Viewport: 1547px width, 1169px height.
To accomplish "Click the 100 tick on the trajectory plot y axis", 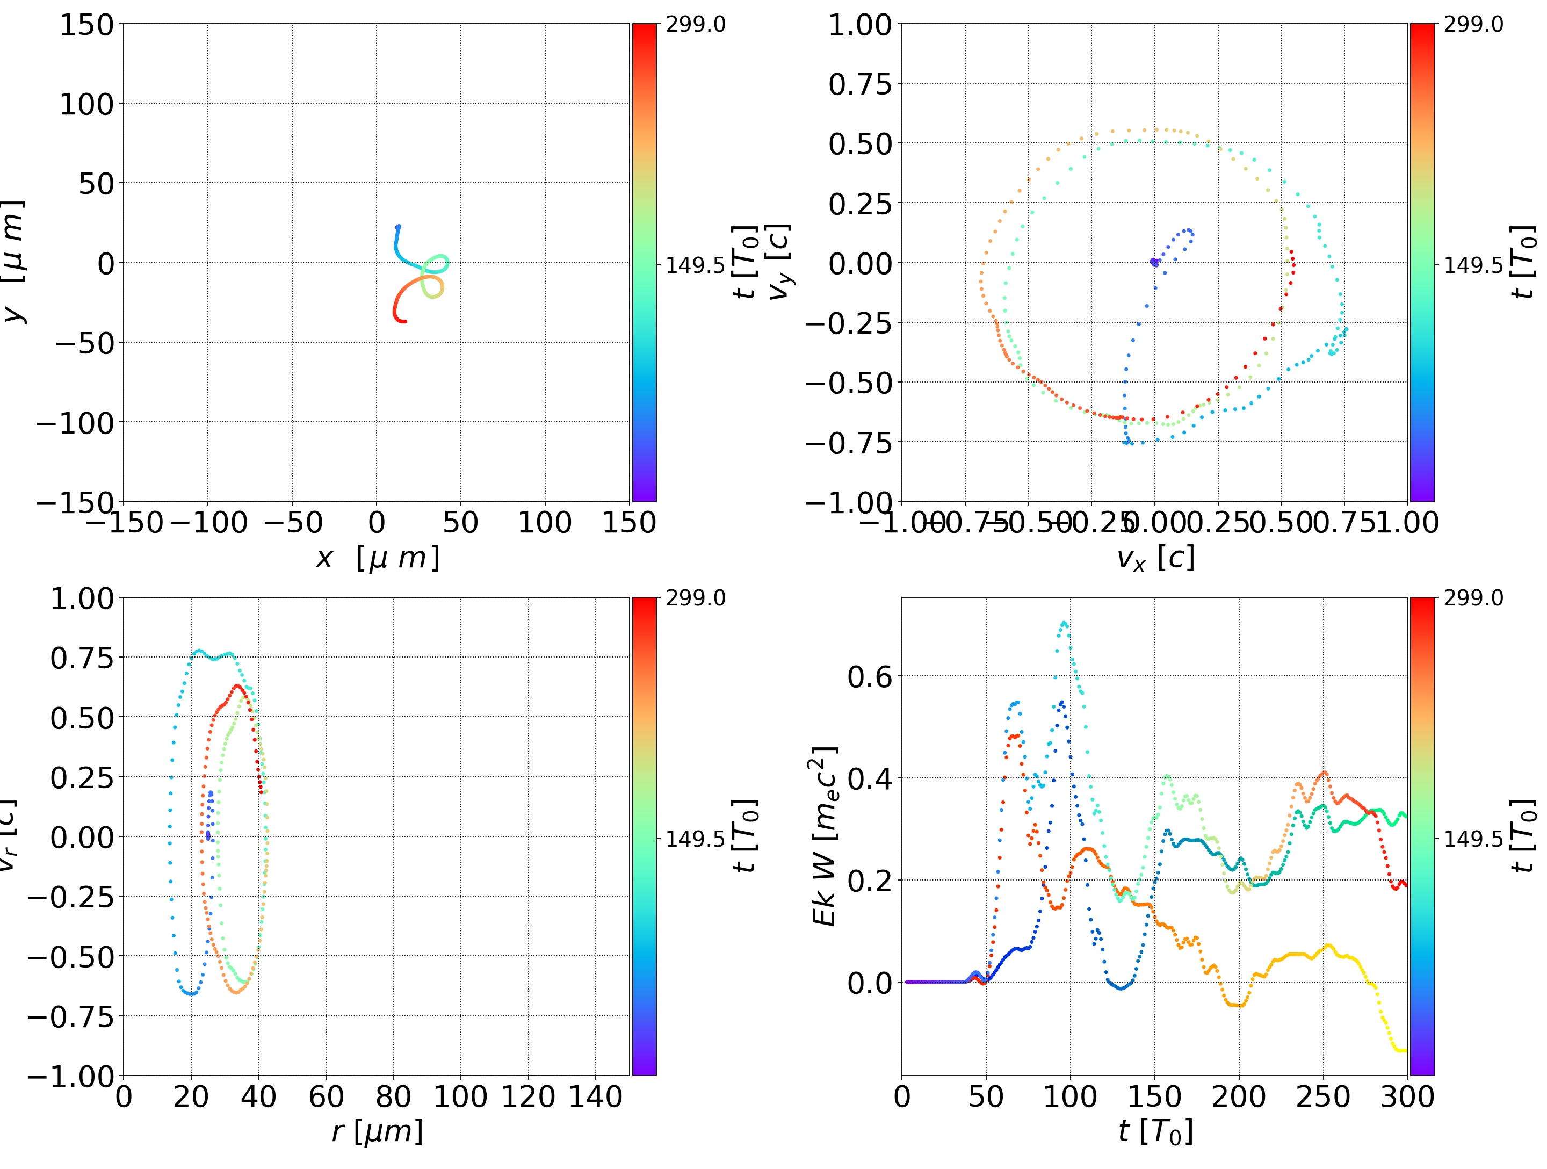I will tap(86, 104).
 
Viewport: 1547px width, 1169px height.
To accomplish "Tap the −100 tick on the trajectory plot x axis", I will tap(208, 523).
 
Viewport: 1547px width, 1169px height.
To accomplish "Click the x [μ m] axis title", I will tap(377, 558).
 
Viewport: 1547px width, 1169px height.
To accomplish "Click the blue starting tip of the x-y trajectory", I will tap(398, 227).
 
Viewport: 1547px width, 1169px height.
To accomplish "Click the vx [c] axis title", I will tap(1155, 558).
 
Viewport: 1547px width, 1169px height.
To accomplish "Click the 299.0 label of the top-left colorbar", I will tap(695, 25).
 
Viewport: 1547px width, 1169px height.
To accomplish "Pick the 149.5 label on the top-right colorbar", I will tap(1473, 265).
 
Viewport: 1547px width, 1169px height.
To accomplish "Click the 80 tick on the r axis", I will tap(393, 1096).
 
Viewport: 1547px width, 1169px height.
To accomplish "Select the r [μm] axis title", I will tap(377, 1131).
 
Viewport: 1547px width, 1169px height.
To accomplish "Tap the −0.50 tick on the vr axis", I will tap(70, 956).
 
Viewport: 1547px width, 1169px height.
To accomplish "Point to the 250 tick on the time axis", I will tap(1323, 1096).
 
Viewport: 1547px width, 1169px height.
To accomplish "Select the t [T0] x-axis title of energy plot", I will tap(1155, 1131).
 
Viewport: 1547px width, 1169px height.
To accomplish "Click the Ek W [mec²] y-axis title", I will tap(825, 836).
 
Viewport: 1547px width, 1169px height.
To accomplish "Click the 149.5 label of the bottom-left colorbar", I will tap(695, 838).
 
